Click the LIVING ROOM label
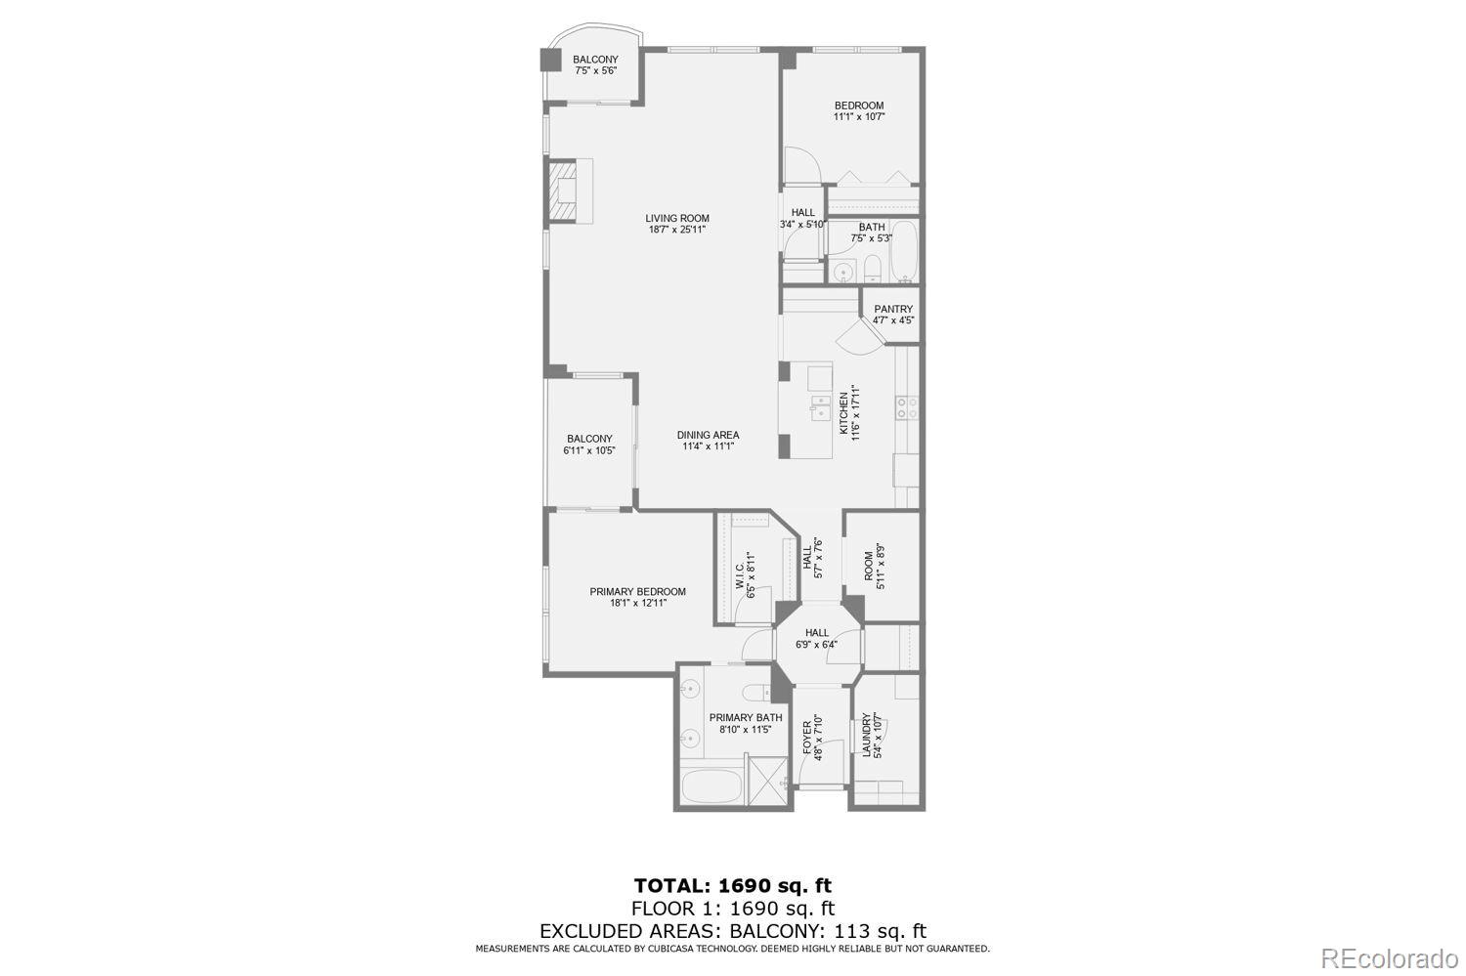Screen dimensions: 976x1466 [x=676, y=219]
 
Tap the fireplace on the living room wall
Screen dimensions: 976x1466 [x=563, y=191]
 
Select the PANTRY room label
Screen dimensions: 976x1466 [x=893, y=310]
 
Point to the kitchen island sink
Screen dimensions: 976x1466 [x=819, y=407]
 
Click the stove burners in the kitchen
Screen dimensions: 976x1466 [x=907, y=406]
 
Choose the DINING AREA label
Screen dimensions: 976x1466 [x=708, y=436]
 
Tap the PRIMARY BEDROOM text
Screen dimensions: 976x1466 [x=637, y=592]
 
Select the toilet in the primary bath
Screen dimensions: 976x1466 [x=755, y=693]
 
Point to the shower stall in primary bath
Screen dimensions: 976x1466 [x=766, y=779]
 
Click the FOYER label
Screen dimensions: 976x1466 [x=807, y=736]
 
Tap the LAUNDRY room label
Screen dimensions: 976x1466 [x=867, y=736]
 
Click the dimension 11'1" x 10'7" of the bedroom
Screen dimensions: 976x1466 [x=858, y=117]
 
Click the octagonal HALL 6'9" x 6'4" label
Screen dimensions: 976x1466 [x=816, y=633]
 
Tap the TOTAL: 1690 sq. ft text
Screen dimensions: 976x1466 [x=732, y=886]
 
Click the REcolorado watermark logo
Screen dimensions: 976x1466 [x=1390, y=958]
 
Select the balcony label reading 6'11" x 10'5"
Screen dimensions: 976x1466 [x=589, y=450]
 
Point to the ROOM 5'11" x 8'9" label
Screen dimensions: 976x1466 [x=868, y=567]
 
